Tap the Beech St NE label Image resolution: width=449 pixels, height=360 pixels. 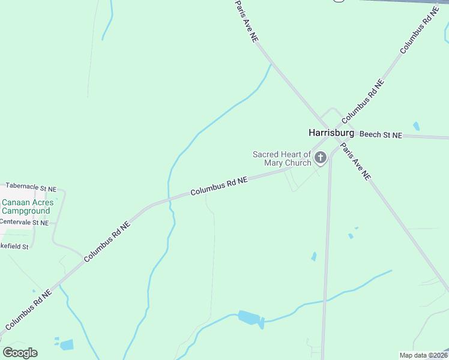click(381, 134)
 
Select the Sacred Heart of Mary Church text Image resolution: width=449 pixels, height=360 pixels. click(282, 158)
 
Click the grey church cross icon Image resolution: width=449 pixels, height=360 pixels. click(321, 158)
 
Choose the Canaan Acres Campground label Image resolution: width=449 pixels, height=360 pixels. click(27, 206)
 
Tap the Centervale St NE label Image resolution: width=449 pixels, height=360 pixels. click(24, 222)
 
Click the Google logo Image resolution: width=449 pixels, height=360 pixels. click(20, 353)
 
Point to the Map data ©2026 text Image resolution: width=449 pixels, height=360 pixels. click(423, 355)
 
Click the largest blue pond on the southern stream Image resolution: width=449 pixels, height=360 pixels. click(248, 317)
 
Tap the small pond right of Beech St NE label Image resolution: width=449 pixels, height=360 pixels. click(416, 127)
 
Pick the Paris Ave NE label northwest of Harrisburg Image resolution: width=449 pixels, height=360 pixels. click(246, 21)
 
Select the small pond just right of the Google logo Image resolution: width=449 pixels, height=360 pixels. click(66, 344)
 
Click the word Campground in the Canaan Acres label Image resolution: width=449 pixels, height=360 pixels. click(26, 211)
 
